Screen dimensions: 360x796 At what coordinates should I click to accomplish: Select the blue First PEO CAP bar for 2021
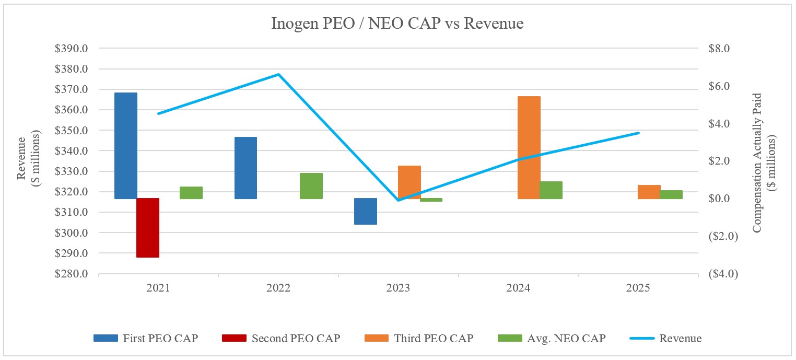tap(126, 146)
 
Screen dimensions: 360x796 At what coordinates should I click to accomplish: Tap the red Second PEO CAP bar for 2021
tap(147, 228)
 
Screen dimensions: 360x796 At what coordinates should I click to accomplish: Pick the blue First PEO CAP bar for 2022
tap(245, 168)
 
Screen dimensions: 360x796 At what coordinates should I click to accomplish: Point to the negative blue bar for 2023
tap(365, 211)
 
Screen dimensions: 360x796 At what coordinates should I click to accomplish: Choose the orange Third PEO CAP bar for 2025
tap(649, 192)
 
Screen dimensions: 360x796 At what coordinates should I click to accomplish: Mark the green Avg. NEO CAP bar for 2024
tap(551, 190)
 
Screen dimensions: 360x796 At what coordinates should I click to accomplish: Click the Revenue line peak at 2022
tap(278, 74)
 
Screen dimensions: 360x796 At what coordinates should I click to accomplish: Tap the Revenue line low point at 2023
tap(399, 200)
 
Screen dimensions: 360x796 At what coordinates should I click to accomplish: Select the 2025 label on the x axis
tap(638, 288)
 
